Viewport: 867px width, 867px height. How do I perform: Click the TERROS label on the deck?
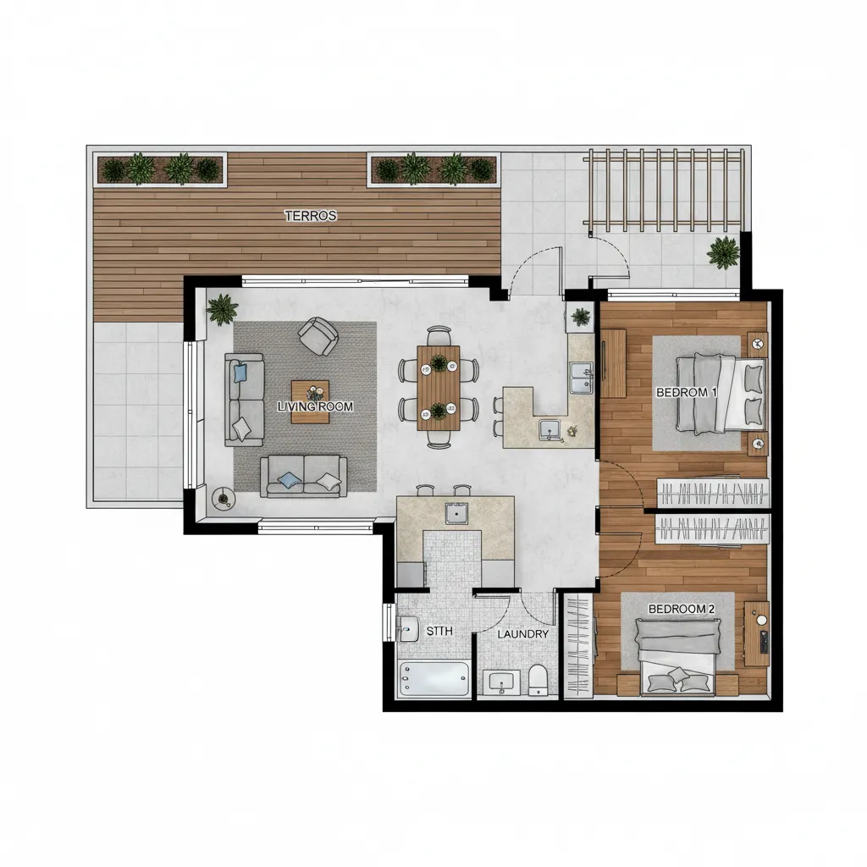[310, 216]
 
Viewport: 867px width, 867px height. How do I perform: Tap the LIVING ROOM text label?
[315, 406]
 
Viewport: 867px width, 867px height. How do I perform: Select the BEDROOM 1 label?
[686, 393]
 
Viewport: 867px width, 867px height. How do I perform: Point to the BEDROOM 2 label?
[682, 609]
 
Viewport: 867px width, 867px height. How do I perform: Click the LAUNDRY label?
[522, 634]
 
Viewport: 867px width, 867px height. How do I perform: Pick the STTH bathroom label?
[439, 631]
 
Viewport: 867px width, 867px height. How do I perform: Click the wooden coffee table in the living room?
[310, 401]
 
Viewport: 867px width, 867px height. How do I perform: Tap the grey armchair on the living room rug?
[318, 335]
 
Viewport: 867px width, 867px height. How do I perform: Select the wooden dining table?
[439, 388]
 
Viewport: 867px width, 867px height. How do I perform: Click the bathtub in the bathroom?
[434, 679]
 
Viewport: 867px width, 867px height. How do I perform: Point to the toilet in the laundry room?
[538, 680]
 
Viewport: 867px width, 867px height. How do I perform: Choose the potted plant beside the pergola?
[723, 252]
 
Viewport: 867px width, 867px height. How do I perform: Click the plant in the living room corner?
[222, 309]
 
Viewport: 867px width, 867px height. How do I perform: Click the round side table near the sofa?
[224, 500]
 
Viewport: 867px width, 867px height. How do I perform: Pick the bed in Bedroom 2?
[677, 656]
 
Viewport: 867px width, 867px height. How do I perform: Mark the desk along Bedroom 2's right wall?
[756, 633]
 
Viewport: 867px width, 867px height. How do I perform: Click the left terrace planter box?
[161, 169]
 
